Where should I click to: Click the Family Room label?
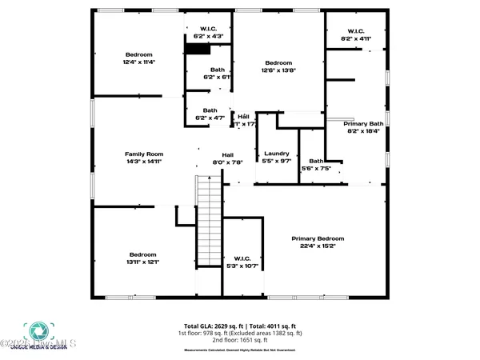click(144, 154)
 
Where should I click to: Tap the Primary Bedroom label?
click(318, 238)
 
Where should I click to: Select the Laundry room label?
click(276, 154)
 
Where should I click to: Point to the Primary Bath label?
click(364, 124)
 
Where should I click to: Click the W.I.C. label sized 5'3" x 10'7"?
click(243, 258)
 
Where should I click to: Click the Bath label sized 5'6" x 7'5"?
click(317, 162)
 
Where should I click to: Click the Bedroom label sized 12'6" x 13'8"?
click(278, 63)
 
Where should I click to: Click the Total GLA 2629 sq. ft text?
click(211, 326)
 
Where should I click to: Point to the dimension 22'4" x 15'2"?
click(318, 246)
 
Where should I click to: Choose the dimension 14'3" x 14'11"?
click(144, 161)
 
